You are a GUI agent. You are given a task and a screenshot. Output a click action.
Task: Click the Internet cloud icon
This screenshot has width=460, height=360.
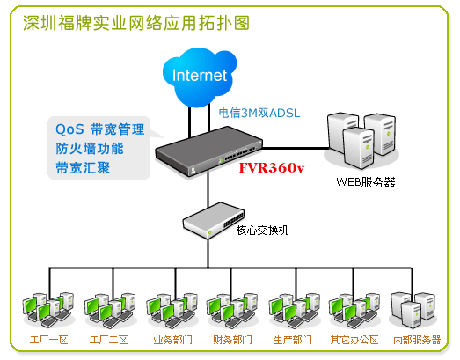200,77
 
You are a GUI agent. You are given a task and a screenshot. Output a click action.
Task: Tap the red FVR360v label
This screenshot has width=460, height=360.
272,168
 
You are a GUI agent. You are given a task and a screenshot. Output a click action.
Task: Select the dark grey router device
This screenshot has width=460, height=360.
208,151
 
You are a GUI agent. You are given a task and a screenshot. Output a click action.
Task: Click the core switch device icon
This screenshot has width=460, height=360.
213,220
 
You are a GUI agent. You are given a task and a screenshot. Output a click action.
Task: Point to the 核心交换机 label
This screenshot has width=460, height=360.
262,231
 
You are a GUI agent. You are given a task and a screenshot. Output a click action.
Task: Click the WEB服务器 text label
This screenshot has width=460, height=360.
366,182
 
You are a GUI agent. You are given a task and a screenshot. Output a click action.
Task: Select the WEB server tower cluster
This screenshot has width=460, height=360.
361,141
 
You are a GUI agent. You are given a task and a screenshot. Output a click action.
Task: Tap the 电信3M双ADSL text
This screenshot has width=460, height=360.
259,113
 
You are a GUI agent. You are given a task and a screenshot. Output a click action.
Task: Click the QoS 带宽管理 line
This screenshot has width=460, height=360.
99,129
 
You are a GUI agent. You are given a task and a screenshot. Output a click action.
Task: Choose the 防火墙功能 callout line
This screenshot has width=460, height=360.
90,149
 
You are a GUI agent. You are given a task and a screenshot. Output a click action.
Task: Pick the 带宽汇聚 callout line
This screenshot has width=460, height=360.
83,168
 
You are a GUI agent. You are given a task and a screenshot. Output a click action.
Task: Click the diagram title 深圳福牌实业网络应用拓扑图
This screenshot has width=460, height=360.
136,23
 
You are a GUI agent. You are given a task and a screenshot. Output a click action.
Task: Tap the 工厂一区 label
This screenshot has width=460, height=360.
49,340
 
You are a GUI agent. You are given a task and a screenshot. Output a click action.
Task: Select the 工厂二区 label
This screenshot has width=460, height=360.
109,340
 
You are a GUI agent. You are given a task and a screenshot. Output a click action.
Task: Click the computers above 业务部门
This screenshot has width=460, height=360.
172,311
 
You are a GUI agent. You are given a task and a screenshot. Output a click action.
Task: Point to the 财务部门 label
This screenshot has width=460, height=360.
232,340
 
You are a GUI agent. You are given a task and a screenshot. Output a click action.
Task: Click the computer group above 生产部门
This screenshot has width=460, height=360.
295,311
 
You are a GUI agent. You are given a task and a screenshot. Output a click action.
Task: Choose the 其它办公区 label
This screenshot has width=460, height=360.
354,340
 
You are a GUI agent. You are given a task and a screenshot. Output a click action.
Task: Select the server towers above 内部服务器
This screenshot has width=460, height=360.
413,311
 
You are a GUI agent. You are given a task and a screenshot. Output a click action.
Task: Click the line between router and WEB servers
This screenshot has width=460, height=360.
296,148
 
